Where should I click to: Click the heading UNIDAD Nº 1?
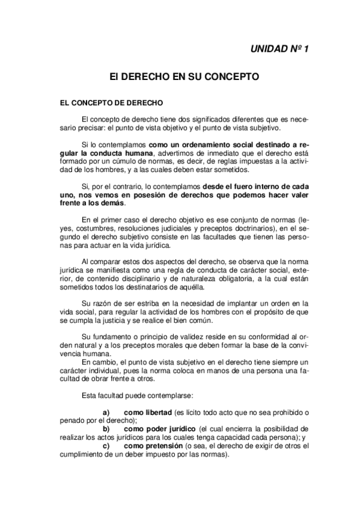click(x=279, y=49)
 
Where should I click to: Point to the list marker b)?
click(x=106, y=429)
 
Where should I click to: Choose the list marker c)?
click(x=106, y=446)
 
